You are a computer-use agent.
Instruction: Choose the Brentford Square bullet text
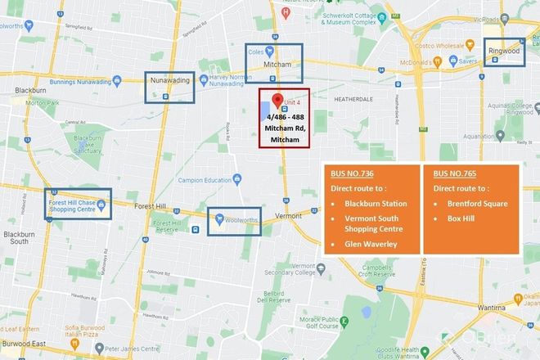point(473,203)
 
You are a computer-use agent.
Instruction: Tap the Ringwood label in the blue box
point(505,51)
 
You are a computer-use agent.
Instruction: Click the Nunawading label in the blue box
point(168,80)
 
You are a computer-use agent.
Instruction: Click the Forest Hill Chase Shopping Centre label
point(79,205)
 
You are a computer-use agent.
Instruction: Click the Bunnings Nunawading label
point(74,79)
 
